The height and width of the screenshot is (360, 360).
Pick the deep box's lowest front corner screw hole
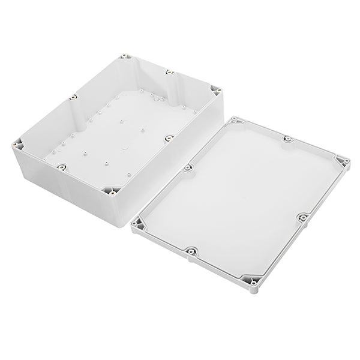point(112,194)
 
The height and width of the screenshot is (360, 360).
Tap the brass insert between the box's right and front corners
point(169,139)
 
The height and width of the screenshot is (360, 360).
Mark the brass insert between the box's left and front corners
point(60,165)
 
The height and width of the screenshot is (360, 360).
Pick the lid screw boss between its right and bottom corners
point(304,217)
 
